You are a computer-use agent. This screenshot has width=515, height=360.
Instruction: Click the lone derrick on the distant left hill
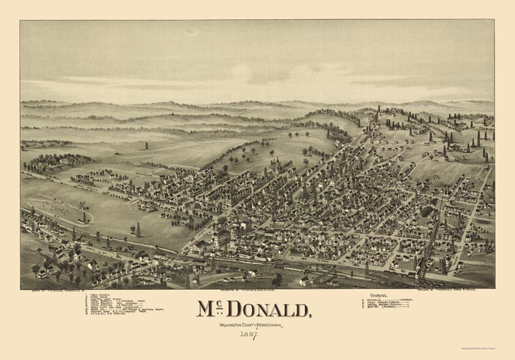[x=146, y=146]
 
